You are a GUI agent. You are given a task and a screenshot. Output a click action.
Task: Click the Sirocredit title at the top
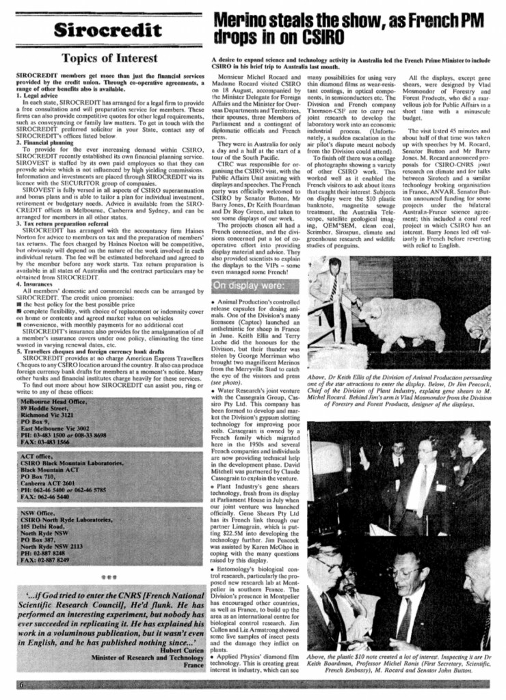[109, 29]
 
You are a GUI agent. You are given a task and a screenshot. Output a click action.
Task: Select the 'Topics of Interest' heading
[109, 59]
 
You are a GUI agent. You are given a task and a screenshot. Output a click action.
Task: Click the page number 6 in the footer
[21, 685]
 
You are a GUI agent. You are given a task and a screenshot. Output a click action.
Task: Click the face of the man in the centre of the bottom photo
[417, 573]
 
